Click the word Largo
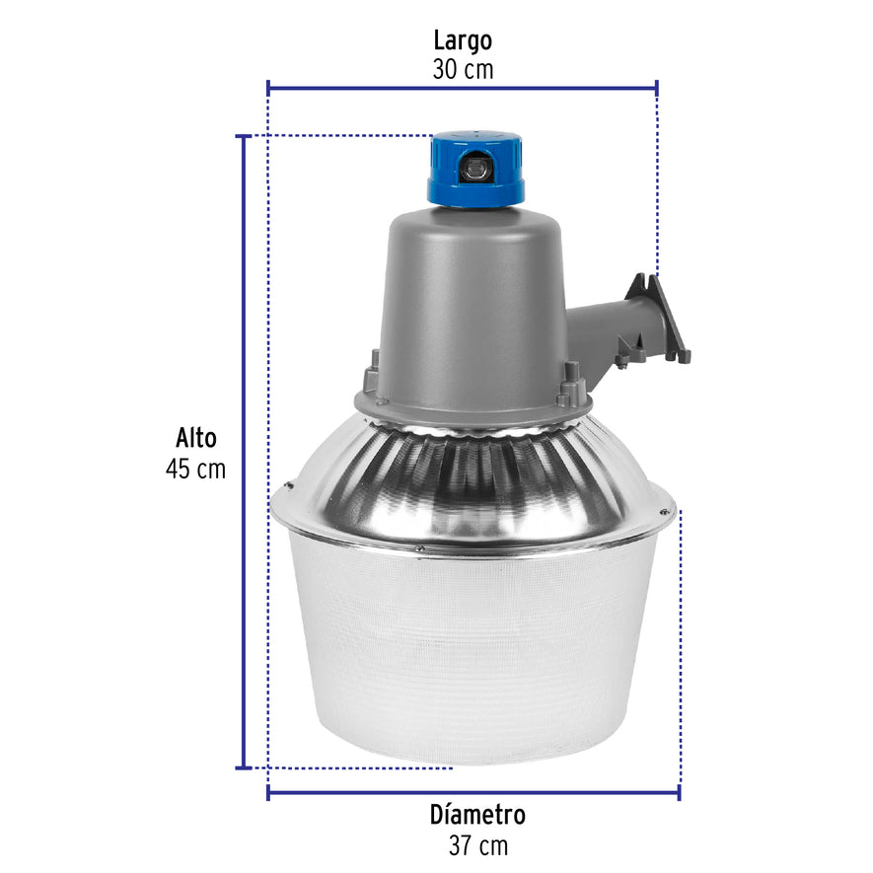pyautogui.click(x=462, y=40)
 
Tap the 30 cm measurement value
pyautogui.click(x=462, y=70)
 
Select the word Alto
pyautogui.click(x=195, y=438)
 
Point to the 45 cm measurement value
pyautogui.click(x=195, y=469)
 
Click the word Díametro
pyautogui.click(x=477, y=816)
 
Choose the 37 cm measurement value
pyautogui.click(x=477, y=845)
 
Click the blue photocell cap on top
pyautogui.click(x=475, y=169)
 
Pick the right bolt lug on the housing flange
pyautogui.click(x=570, y=385)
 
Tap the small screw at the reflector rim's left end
pyautogui.click(x=287, y=485)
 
